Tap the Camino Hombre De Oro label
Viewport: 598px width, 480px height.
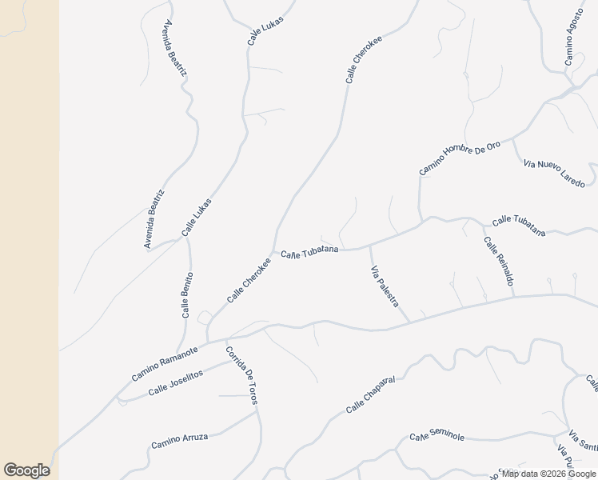[x=460, y=158]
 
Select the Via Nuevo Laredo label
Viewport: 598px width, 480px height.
[x=555, y=174]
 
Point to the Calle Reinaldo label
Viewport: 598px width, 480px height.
[x=498, y=262]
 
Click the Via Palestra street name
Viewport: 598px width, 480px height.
[x=385, y=287]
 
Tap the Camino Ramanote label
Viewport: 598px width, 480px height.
[x=165, y=364]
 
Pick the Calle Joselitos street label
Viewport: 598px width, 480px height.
[x=176, y=382]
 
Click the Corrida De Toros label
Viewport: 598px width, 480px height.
[x=241, y=375]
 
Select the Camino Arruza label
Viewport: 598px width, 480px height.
[x=180, y=440]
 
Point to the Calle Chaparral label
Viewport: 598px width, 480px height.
[x=372, y=395]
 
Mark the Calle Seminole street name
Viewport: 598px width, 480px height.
[x=437, y=436]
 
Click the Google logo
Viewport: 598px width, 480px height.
[x=26, y=470]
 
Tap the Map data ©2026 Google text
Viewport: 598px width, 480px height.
[x=548, y=474]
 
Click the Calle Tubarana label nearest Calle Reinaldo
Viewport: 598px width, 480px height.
[x=519, y=226]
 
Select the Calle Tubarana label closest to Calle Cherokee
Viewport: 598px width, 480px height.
[x=309, y=253]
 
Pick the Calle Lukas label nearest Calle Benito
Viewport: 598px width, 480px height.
[x=197, y=216]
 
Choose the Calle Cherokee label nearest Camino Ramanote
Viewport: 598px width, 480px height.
[x=249, y=280]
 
